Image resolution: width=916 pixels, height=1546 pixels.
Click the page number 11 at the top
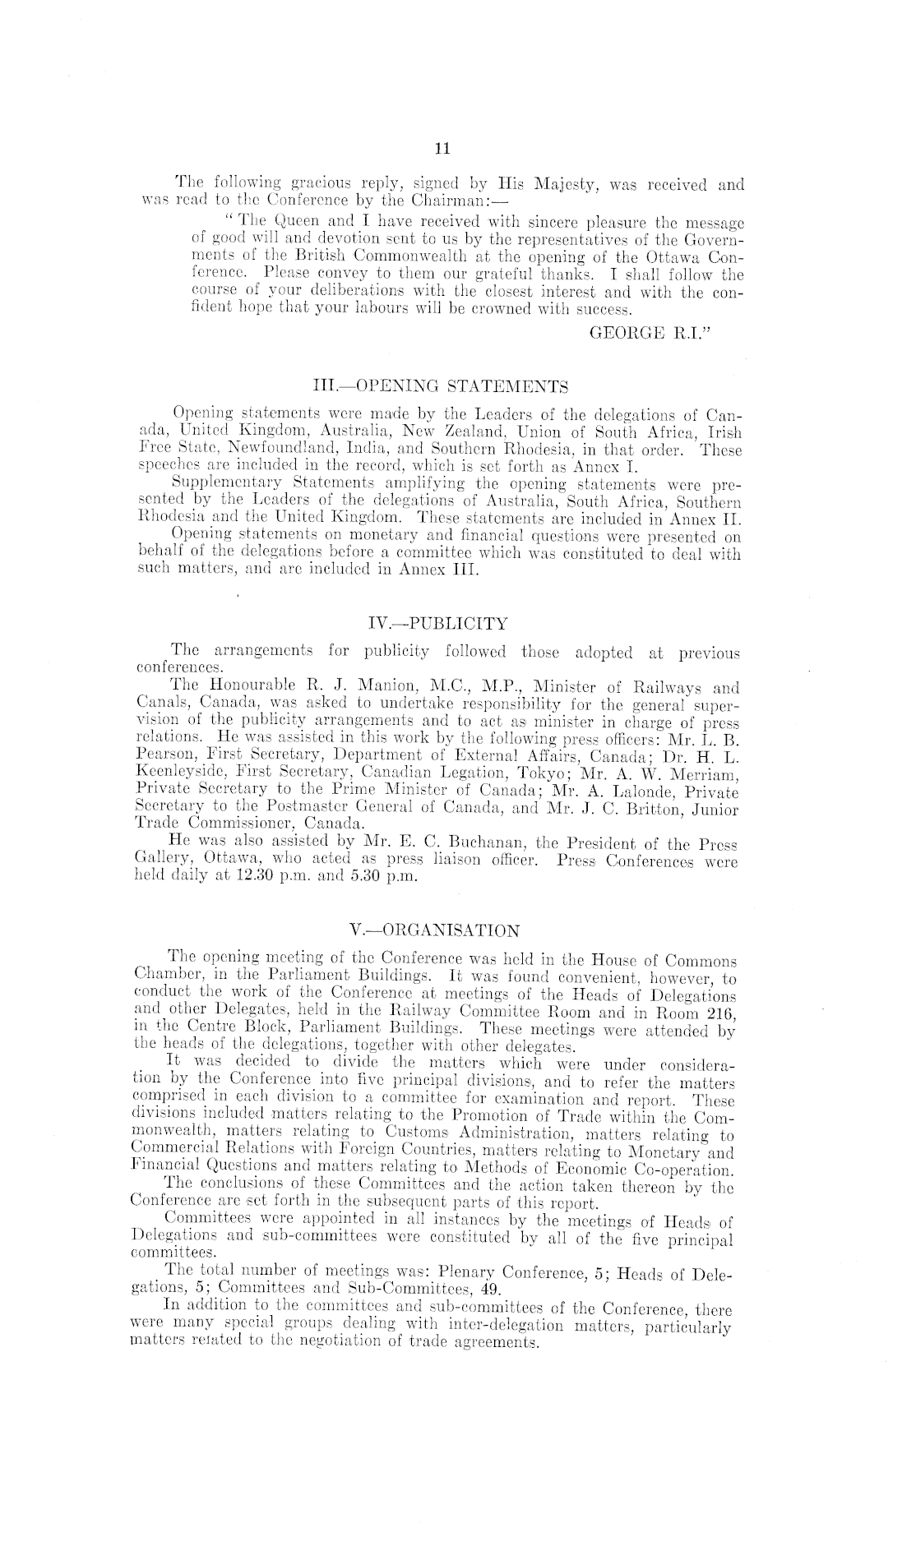point(442,149)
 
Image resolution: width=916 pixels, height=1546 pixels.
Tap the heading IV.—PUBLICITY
point(438,623)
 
